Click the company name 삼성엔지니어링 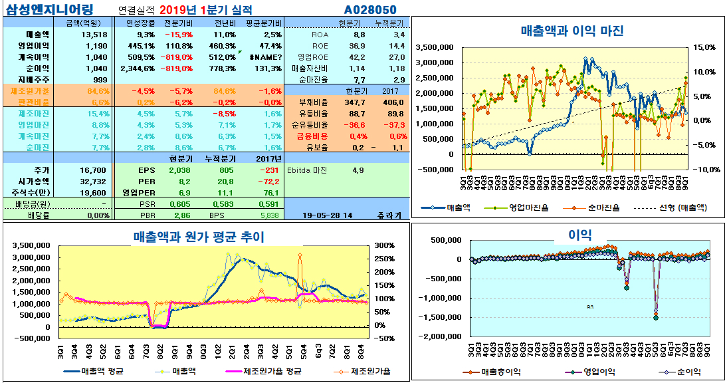point(49,9)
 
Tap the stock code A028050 point(371,9)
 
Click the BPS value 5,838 point(269,215)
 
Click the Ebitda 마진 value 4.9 point(358,170)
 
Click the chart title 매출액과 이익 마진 point(571,31)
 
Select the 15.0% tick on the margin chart point(703,47)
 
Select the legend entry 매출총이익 point(498,372)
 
